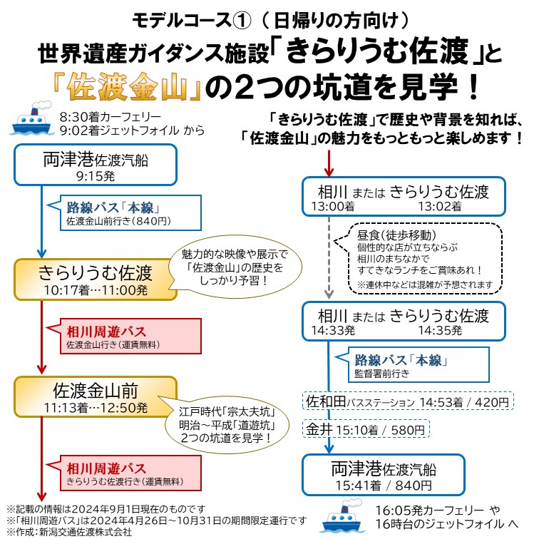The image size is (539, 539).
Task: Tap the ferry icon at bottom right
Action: (x=343, y=518)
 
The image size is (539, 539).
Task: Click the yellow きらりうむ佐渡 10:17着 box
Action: (x=95, y=279)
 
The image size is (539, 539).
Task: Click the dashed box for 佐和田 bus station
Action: (x=409, y=402)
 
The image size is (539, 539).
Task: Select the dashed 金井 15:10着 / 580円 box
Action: (x=366, y=429)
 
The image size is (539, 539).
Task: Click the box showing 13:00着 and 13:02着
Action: (x=404, y=197)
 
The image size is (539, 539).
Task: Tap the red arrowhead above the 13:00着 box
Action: (x=329, y=172)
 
